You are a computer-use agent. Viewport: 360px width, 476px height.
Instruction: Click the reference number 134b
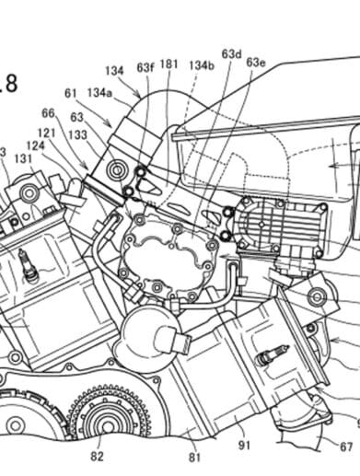coord(202,67)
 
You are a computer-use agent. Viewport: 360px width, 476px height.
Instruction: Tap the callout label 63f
coord(145,67)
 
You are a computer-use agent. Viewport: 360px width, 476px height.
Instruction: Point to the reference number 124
coord(35,145)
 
